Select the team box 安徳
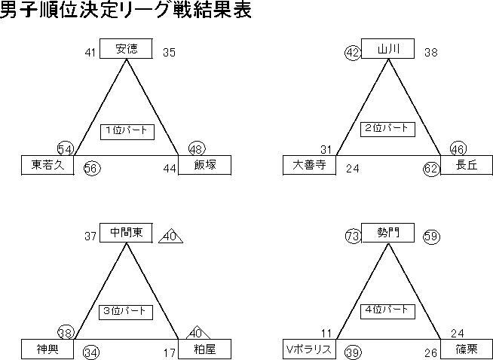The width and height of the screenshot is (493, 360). [126, 50]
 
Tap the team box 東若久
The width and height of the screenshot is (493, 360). [47, 165]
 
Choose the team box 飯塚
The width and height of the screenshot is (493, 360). [204, 165]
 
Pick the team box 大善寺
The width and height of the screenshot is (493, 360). [309, 165]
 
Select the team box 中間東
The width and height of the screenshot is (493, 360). [126, 233]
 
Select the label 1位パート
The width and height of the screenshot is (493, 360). [127, 131]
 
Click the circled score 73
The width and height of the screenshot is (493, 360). [353, 236]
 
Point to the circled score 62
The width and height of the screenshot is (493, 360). [431, 169]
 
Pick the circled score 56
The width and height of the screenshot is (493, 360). [92, 169]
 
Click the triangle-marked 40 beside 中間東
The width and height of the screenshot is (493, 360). [170, 236]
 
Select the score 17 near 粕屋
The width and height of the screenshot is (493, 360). [169, 352]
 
